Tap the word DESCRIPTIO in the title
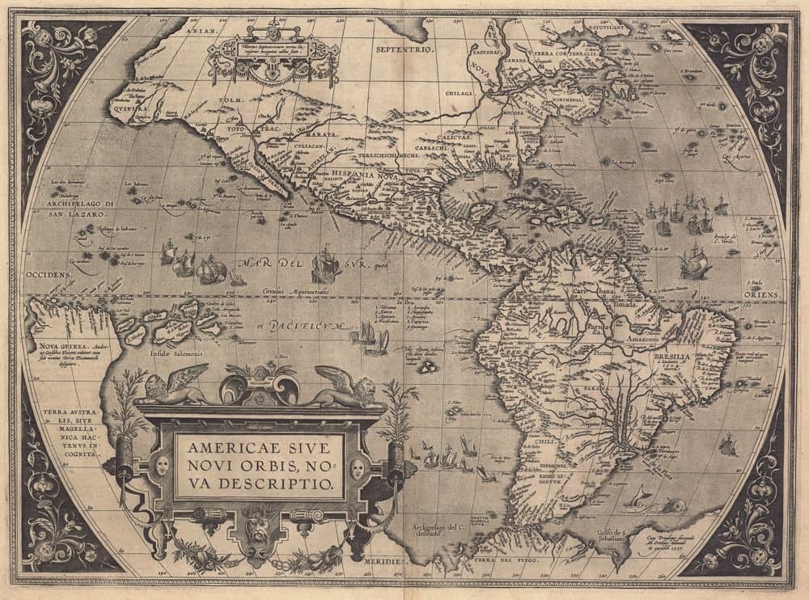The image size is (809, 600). pyautogui.click(x=290, y=484)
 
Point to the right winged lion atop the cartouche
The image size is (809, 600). pyautogui.click(x=345, y=387)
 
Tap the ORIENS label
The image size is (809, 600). pyautogui.click(x=765, y=296)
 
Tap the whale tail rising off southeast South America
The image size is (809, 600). pyautogui.click(x=638, y=495)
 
